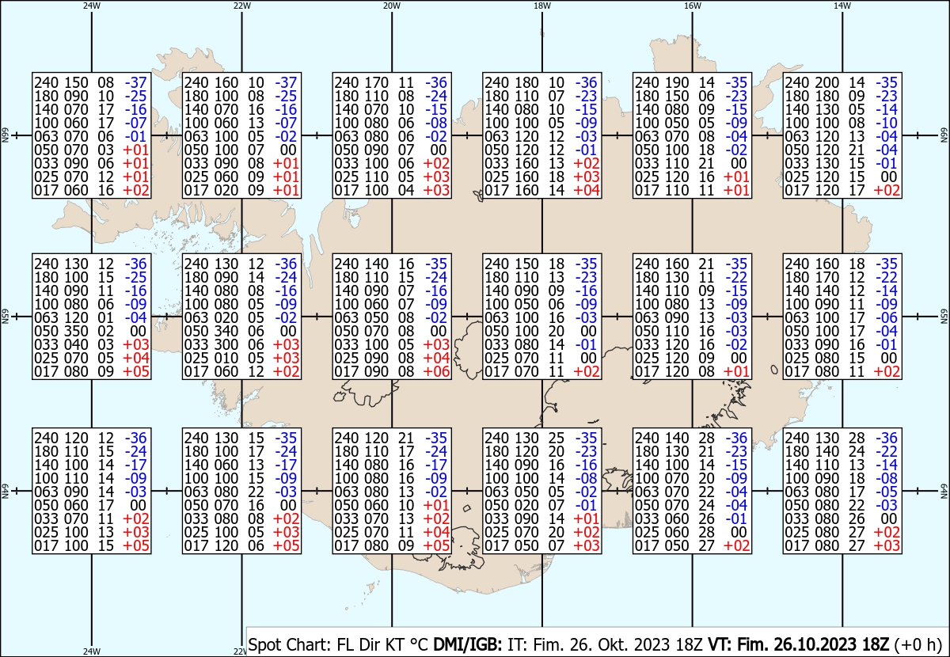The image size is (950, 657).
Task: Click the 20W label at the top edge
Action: point(391,6)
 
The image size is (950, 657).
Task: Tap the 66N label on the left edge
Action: point(5,135)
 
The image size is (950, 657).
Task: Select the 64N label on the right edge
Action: point(944,491)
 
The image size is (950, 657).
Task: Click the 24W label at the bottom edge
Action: point(92,651)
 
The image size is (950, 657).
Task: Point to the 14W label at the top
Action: point(842,6)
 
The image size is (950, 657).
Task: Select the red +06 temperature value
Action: point(436,371)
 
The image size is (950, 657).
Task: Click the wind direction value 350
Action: point(76,331)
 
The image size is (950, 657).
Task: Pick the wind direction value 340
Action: point(226,331)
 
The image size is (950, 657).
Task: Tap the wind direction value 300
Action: point(226,345)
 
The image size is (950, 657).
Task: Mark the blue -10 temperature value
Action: point(887,123)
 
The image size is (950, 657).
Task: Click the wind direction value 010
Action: point(226,358)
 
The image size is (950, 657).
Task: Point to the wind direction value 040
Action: point(76,345)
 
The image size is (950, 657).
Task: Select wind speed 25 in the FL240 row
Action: point(557,438)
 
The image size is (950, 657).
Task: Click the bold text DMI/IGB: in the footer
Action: point(467,644)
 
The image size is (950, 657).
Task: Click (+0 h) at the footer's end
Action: point(918,644)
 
